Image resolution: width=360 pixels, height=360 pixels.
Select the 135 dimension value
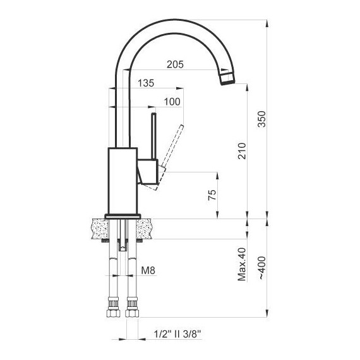point(146,83)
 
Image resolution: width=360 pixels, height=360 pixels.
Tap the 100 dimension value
point(171,102)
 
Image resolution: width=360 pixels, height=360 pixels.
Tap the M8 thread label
point(148,271)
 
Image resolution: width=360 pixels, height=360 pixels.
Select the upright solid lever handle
point(152,135)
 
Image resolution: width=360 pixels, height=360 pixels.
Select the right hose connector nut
point(132,310)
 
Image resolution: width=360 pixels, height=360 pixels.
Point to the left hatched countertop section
point(99,228)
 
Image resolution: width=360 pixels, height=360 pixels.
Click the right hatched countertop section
point(145,228)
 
